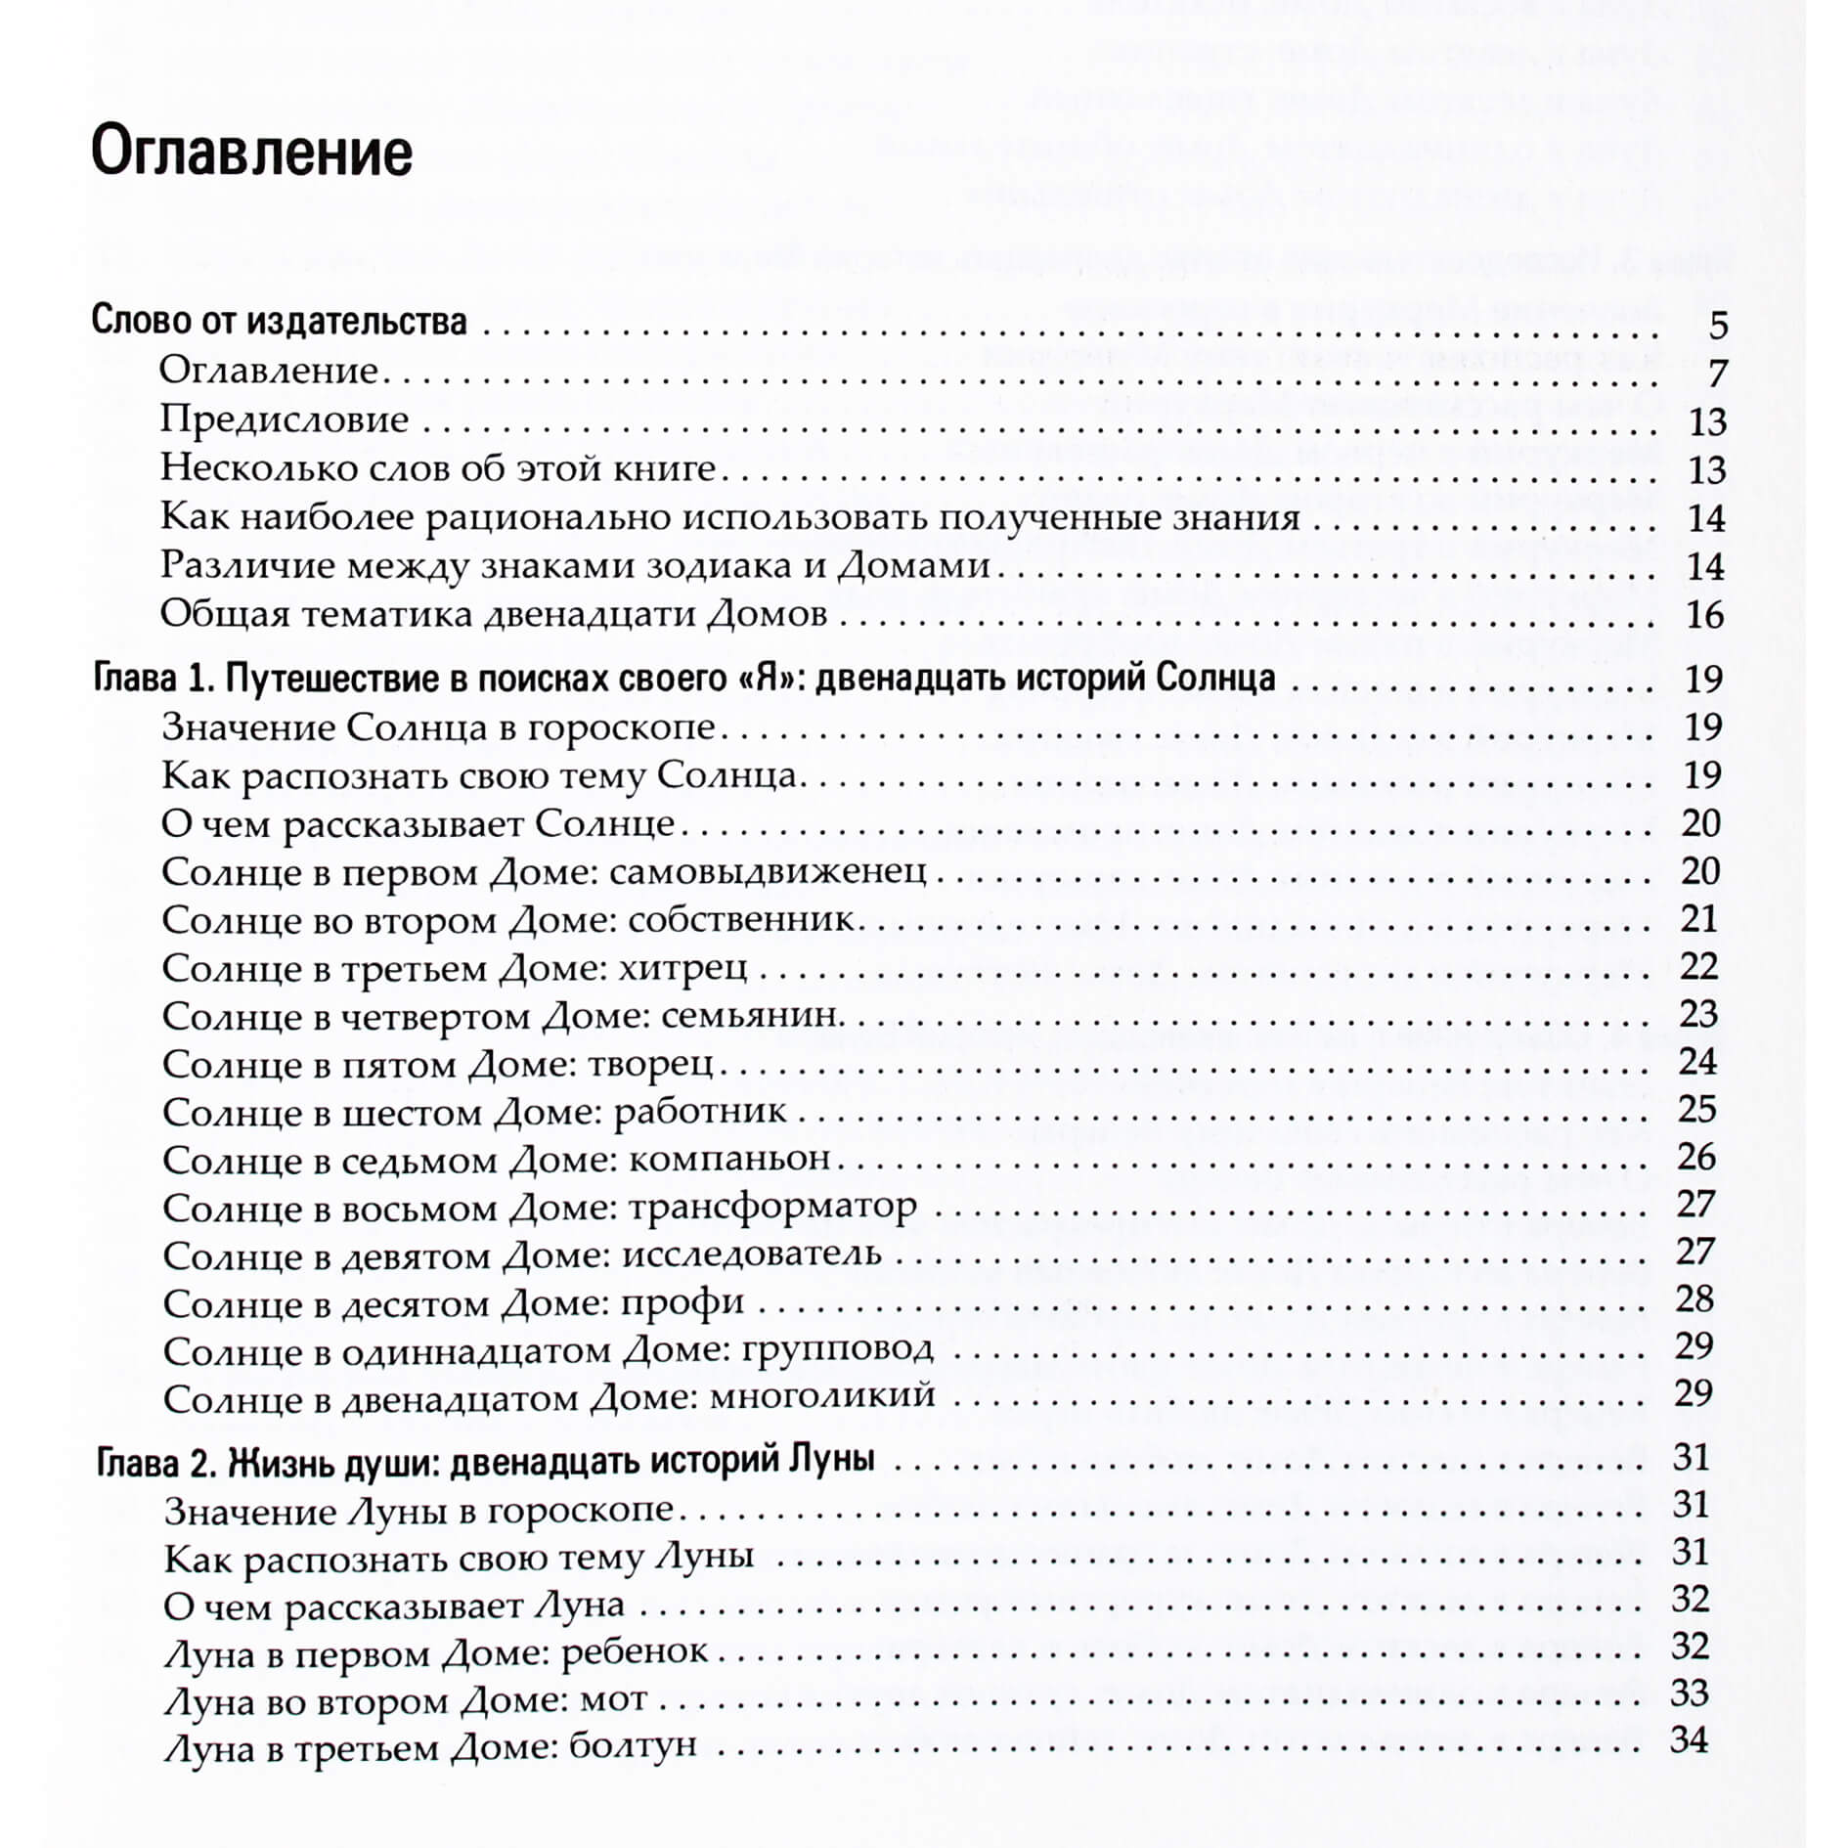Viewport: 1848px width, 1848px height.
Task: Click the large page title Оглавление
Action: click(x=251, y=154)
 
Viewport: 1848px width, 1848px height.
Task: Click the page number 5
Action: click(x=1718, y=326)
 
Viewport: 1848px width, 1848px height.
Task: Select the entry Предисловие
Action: click(x=285, y=419)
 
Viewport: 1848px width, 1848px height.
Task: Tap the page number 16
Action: click(x=1704, y=615)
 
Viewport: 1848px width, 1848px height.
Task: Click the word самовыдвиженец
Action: click(x=767, y=871)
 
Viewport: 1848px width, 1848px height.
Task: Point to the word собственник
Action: click(x=741, y=919)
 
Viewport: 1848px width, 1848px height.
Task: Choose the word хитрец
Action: click(x=682, y=967)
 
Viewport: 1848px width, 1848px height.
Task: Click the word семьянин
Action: click(x=751, y=1015)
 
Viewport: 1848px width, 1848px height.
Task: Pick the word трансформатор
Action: click(x=772, y=1207)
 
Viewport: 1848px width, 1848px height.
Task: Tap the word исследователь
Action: click(x=752, y=1254)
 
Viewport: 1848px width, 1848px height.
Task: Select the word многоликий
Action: click(x=822, y=1396)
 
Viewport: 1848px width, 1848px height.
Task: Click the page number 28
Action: click(x=1694, y=1299)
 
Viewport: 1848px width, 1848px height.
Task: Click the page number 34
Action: click(x=1689, y=1740)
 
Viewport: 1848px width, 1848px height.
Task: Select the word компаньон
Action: click(x=729, y=1159)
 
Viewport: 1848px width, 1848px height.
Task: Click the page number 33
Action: click(x=1689, y=1693)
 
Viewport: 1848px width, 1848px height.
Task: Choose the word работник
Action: click(x=700, y=1111)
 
